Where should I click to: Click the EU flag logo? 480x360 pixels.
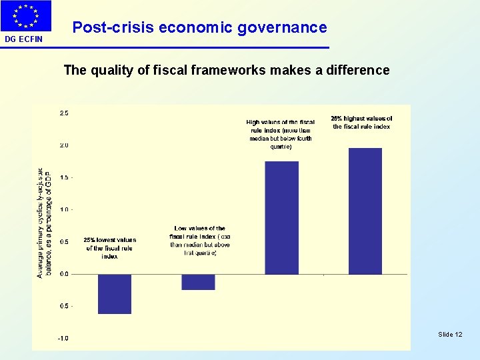[27, 16]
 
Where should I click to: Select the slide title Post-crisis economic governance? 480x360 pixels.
[199, 28]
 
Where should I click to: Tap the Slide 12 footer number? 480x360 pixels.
[450, 333]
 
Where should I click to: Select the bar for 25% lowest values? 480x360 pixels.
[114, 293]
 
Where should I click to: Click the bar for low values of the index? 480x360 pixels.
[198, 281]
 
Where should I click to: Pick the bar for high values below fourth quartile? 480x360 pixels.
[281, 217]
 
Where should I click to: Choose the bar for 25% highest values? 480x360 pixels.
[365, 211]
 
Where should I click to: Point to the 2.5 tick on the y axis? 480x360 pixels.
[64, 113]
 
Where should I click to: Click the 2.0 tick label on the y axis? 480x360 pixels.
[64, 145]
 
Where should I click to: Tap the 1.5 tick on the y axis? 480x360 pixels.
[64, 177]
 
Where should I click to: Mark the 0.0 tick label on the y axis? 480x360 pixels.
[64, 274]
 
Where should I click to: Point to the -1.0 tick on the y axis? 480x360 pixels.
[63, 338]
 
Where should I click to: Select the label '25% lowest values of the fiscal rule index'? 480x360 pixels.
[109, 248]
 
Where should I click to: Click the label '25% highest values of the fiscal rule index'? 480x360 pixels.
[361, 123]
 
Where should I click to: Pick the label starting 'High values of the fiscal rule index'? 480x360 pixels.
[281, 134]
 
